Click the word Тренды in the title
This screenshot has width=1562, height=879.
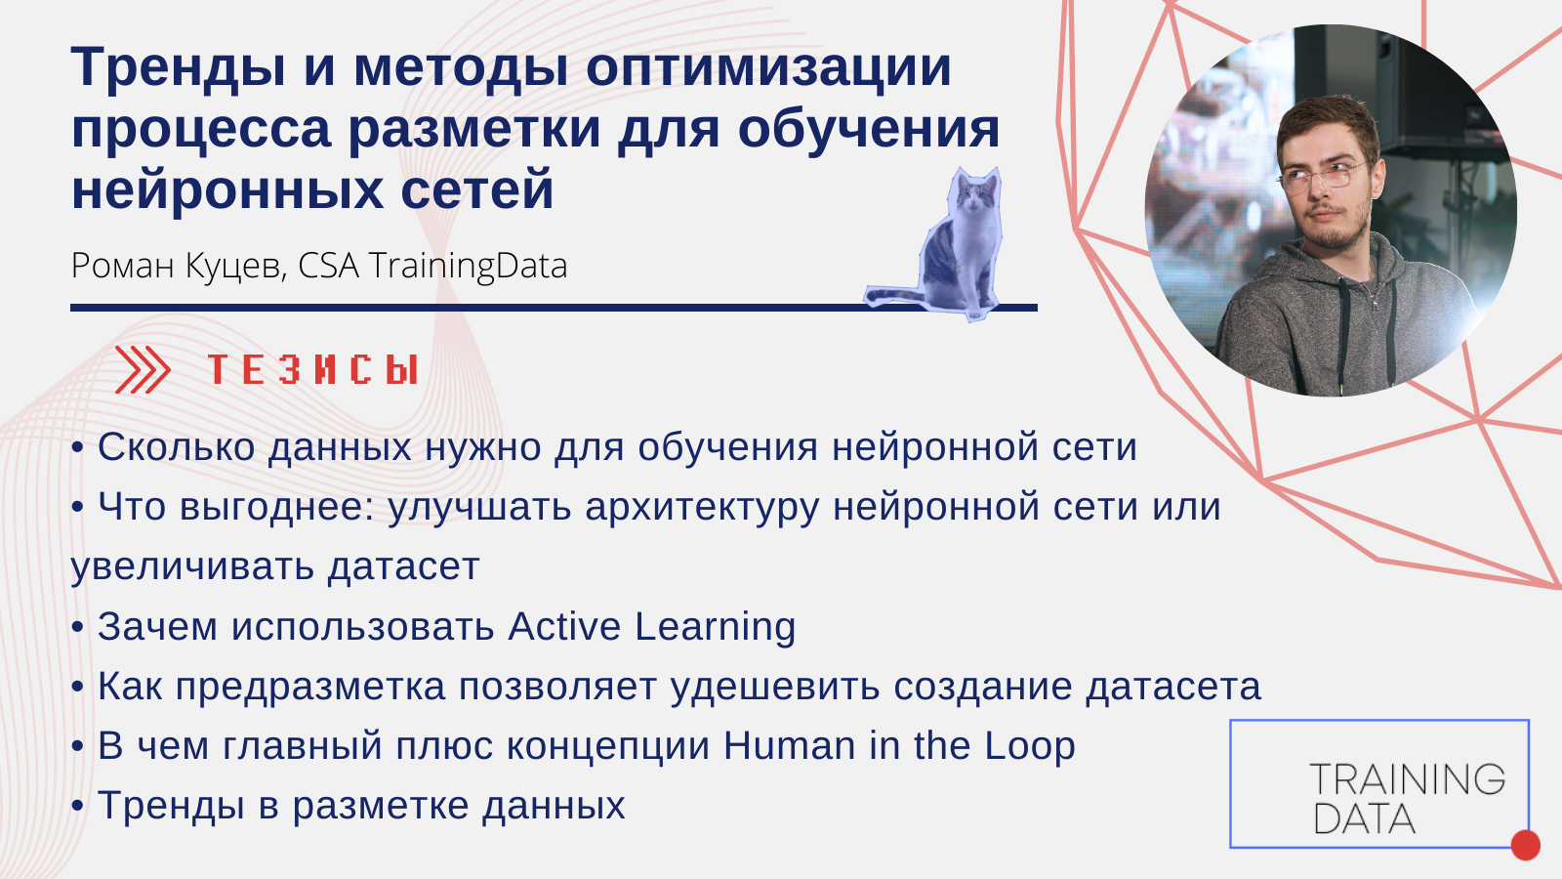[179, 68]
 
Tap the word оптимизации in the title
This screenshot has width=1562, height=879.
[768, 68]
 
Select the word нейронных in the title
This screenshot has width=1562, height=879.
[227, 189]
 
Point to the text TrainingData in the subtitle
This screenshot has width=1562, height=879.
[468, 266]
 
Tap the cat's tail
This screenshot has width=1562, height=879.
[896, 296]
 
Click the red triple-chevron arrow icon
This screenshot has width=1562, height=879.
[143, 369]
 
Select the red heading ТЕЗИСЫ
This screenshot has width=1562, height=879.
[313, 369]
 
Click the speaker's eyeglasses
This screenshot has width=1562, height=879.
[1323, 175]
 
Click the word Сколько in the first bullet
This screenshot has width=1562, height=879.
[176, 447]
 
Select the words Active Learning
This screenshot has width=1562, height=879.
[651, 626]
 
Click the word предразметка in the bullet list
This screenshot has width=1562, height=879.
[310, 688]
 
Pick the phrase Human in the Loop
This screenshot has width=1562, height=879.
[899, 746]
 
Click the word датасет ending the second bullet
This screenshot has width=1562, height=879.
[404, 566]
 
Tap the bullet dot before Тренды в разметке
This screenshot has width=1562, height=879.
[77, 807]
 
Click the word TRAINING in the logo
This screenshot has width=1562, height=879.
[1407, 779]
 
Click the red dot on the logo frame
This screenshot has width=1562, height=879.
[1526, 845]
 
